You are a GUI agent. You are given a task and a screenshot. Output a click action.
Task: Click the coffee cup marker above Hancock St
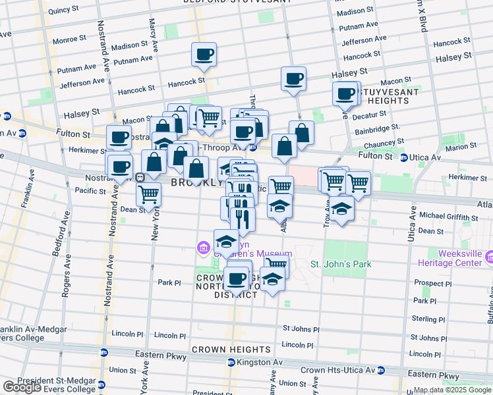tap(204, 54)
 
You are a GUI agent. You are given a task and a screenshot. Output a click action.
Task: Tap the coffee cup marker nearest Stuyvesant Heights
tap(345, 93)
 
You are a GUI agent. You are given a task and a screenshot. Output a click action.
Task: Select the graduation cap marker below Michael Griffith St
tap(341, 209)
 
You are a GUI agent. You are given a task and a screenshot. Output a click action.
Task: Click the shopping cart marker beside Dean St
tap(149, 194)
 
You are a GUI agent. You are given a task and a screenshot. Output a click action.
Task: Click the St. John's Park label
tap(341, 265)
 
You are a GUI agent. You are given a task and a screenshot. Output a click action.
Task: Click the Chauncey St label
tap(378, 144)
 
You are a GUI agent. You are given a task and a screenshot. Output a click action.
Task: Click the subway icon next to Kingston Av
tap(231, 362)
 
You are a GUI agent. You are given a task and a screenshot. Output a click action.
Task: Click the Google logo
tap(22, 387)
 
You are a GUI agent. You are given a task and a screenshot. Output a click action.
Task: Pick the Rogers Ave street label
tap(66, 280)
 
